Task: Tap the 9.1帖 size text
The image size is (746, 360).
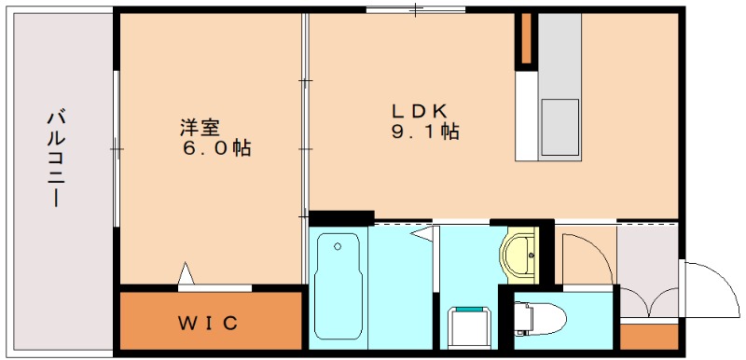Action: [x=424, y=132]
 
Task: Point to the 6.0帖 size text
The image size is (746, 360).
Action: [x=216, y=147]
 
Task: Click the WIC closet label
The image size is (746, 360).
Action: [x=210, y=324]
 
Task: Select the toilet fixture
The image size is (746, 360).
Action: [x=542, y=315]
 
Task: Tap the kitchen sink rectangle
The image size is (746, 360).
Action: [x=559, y=126]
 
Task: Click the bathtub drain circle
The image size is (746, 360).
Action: [x=337, y=247]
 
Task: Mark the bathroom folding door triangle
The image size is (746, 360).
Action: [x=425, y=233]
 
